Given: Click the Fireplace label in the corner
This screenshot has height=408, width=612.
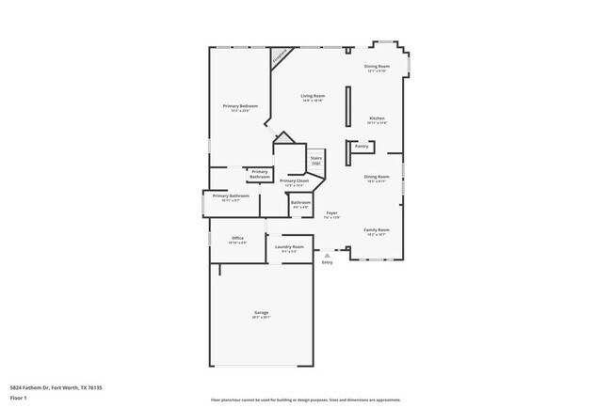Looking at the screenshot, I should tap(280, 58).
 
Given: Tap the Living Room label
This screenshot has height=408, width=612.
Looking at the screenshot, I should tap(313, 96).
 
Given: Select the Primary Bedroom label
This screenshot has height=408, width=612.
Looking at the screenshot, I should tap(240, 106).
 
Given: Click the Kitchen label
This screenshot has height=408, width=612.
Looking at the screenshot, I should tap(377, 118).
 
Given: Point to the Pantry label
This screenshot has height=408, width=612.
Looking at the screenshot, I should tap(361, 146).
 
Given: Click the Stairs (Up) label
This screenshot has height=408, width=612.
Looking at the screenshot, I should tap(316, 161).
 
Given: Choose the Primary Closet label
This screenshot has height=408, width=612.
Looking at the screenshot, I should tap(295, 180).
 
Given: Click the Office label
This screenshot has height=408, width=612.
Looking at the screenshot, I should tap(237, 239).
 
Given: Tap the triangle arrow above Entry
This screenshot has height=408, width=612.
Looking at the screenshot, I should tap(327, 255).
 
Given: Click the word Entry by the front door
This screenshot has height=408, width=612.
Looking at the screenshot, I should tap(327, 262).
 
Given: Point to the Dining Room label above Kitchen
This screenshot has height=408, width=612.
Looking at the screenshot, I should tap(377, 66).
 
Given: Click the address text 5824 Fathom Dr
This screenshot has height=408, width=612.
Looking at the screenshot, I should tap(56, 386).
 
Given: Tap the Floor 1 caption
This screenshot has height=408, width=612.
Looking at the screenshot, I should tap(19, 397).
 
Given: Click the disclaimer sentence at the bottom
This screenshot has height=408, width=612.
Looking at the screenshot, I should tap(305, 400).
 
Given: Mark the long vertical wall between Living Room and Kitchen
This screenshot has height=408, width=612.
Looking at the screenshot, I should tap(347, 114).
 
